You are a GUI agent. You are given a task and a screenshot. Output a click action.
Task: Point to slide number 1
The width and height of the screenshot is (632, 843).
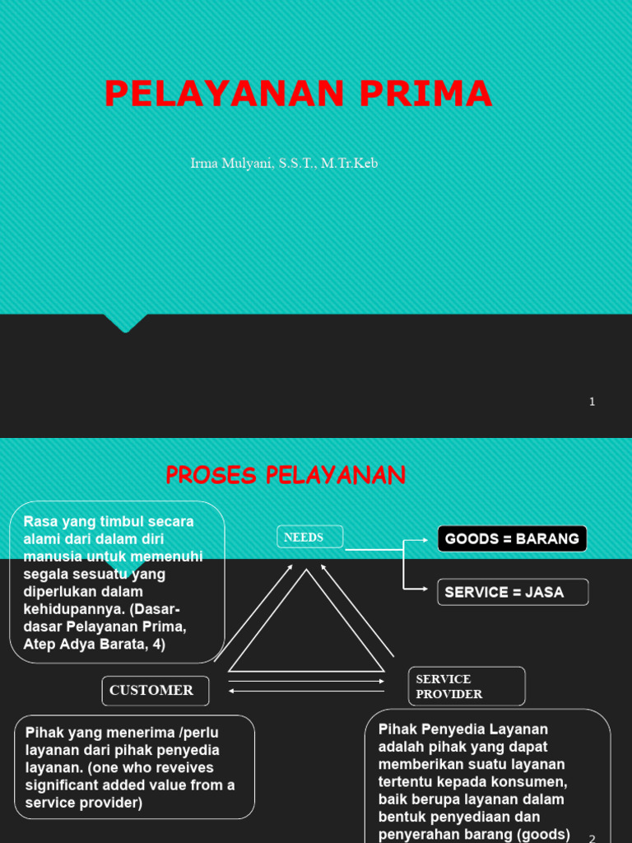[592, 402]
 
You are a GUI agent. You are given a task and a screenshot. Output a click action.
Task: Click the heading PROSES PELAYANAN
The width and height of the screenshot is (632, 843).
[286, 475]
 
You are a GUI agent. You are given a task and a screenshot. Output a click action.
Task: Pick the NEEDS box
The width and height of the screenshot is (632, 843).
[309, 538]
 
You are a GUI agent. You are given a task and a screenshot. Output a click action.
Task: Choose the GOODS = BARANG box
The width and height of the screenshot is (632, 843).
[512, 539]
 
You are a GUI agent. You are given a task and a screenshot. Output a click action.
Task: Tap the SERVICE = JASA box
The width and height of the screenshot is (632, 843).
[512, 592]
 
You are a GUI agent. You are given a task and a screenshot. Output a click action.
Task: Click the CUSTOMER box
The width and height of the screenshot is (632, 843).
[155, 691]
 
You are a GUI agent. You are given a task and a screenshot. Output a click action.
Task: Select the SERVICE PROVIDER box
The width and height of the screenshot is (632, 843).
[466, 687]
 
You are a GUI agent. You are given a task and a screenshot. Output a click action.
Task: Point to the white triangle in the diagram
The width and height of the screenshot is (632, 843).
[307, 626]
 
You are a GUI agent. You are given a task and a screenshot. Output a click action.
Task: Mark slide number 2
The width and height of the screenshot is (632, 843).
[592, 838]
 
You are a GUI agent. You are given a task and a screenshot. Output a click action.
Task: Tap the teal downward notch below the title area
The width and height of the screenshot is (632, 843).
[125, 322]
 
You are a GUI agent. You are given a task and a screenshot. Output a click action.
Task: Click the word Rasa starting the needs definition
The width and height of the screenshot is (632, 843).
[40, 521]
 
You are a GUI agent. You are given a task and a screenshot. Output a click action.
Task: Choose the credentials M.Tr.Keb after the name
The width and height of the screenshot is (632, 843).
[350, 163]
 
